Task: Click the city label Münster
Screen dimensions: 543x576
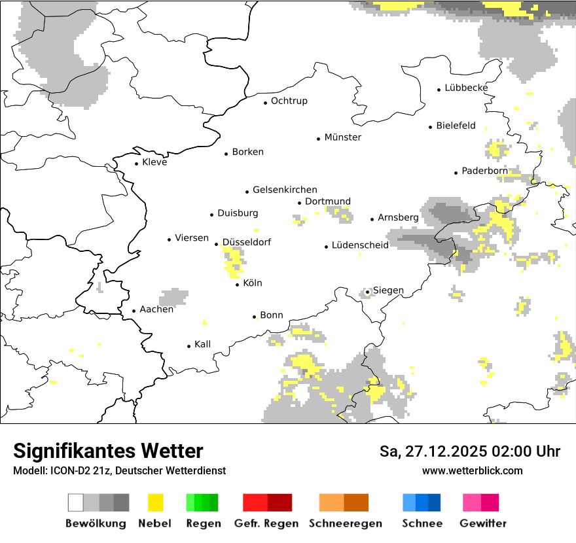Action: [342, 137]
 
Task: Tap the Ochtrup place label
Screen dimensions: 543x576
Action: [289, 101]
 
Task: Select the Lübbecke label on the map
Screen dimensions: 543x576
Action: [466, 88]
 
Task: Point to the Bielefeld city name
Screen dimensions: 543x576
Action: [456, 126]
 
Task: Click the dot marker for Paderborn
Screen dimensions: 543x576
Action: [456, 173]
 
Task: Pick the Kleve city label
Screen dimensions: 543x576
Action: [154, 162]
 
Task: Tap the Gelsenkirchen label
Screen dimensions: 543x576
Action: [285, 190]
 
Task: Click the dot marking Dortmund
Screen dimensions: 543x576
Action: [300, 203]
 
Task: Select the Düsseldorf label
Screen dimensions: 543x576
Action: [247, 242]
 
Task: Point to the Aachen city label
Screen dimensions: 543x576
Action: [156, 309]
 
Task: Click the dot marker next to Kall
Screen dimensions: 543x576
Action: [189, 346]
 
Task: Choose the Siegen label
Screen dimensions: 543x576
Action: [388, 290]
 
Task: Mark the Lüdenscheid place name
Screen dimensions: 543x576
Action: [360, 245]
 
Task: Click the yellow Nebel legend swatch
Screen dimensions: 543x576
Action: [155, 502]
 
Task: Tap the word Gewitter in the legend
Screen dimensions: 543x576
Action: [482, 523]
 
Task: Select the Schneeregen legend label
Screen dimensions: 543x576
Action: [345, 523]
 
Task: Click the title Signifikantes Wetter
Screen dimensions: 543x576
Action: [108, 451]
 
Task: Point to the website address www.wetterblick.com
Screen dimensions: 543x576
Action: [472, 470]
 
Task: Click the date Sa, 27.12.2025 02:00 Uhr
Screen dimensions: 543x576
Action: [469, 451]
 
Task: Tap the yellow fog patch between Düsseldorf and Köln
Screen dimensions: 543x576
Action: [234, 262]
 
